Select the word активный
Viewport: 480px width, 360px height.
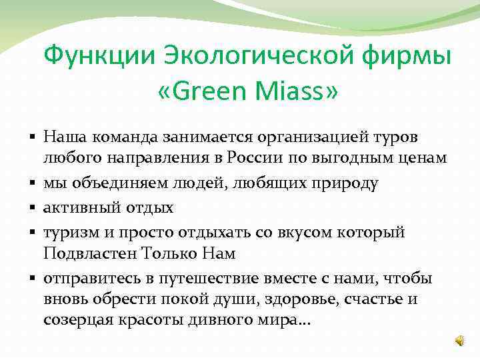click(x=79, y=207)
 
